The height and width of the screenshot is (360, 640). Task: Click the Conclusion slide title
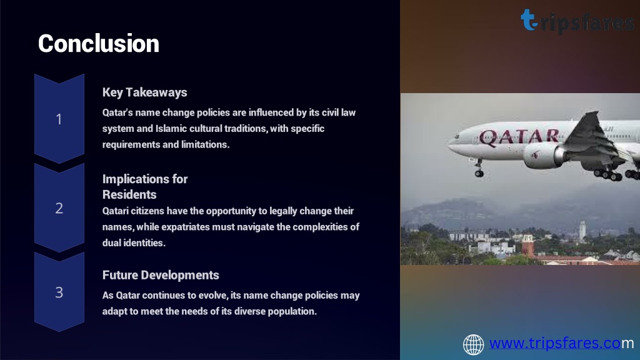[x=98, y=43]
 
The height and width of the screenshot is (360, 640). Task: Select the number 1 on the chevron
[x=59, y=119]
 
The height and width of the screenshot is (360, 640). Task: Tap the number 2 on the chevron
[x=59, y=208]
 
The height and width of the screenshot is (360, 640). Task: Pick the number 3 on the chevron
[x=59, y=292]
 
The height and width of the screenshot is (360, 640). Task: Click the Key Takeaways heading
[x=144, y=92]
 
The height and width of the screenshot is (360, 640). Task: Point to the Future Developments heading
[x=161, y=275]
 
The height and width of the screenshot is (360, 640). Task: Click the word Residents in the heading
[x=129, y=195]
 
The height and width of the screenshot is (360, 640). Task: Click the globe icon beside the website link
[x=474, y=344]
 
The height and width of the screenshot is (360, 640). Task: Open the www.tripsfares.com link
[x=562, y=343]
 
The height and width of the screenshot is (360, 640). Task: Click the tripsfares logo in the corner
[x=577, y=21]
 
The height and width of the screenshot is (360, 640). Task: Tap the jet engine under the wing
[x=544, y=156]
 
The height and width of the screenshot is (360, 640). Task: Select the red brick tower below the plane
[x=527, y=245]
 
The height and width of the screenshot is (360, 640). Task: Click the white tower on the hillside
[x=582, y=231]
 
